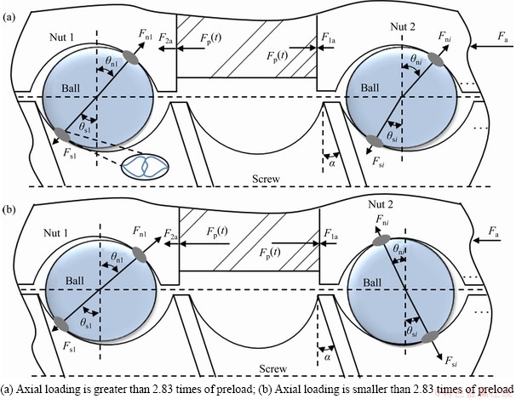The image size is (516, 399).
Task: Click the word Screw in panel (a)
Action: pyautogui.click(x=267, y=180)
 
